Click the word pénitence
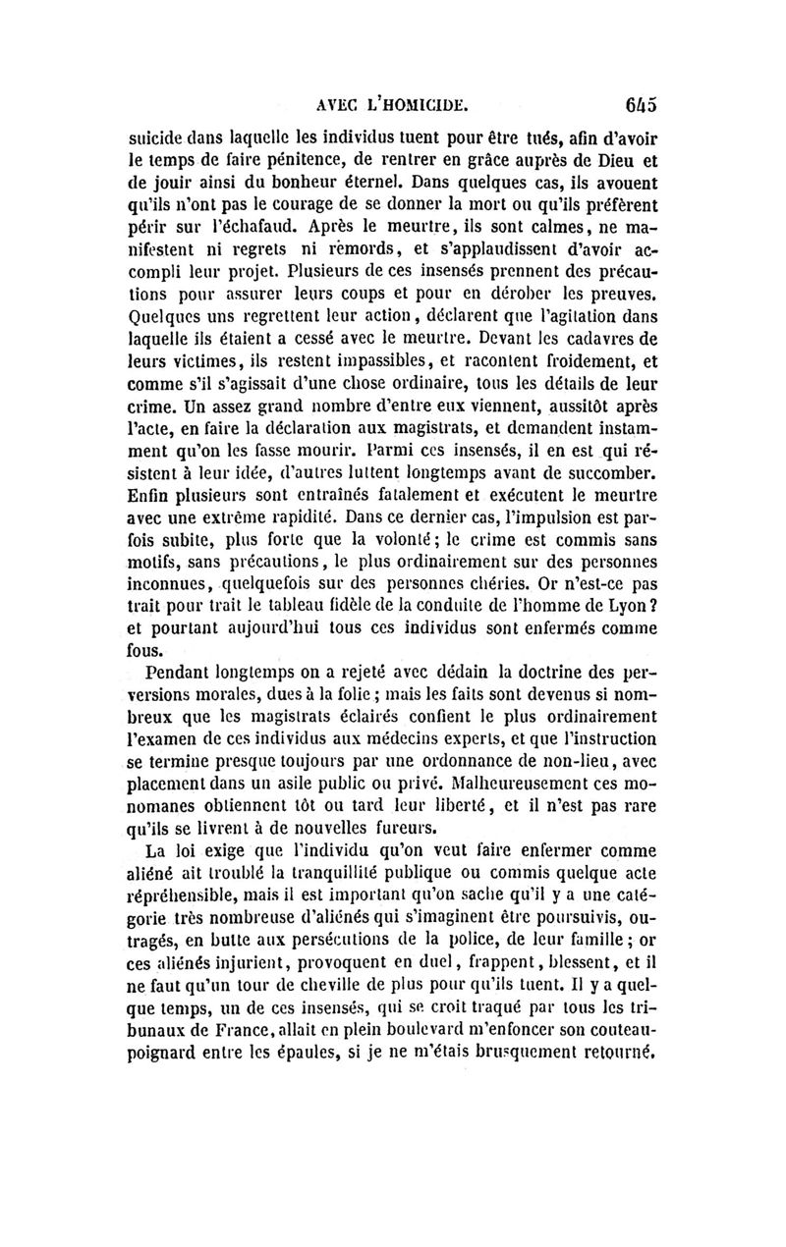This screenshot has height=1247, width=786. [x=343, y=161]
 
